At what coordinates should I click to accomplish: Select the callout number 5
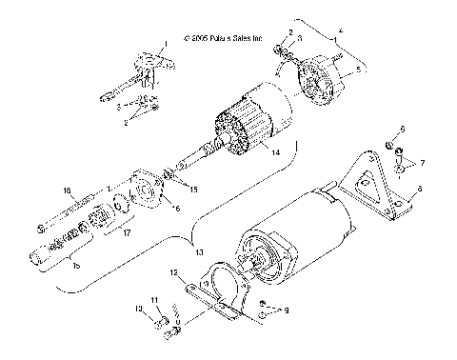tap(358, 69)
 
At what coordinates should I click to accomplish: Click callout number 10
tap(138, 310)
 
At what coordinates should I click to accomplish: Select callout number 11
tap(154, 301)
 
